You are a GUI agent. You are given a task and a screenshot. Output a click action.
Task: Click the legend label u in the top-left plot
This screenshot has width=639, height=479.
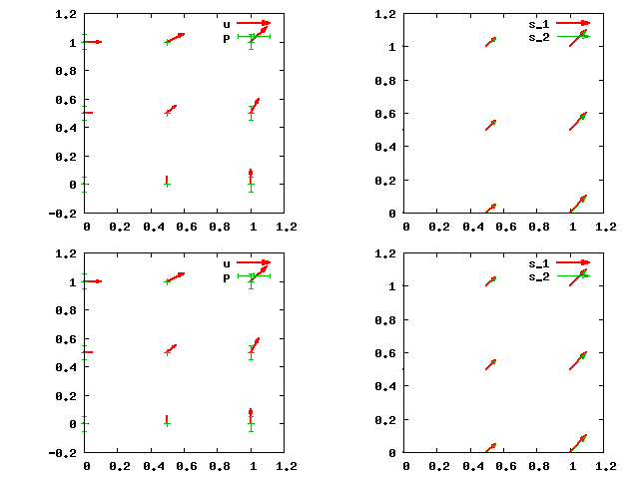pos(227,23)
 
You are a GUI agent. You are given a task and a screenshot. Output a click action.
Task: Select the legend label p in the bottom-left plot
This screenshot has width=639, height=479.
pos(227,276)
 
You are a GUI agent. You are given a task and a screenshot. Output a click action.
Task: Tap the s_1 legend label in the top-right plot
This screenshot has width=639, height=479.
pos(538,23)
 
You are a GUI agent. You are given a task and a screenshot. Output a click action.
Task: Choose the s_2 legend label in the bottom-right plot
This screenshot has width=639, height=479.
pos(538,276)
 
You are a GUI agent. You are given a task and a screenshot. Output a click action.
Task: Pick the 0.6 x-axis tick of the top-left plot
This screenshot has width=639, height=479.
pos(187,227)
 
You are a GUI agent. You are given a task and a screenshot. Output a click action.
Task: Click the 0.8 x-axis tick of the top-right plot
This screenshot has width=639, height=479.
pos(538,227)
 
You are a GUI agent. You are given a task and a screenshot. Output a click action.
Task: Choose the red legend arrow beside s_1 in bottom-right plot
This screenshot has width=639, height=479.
pos(574,262)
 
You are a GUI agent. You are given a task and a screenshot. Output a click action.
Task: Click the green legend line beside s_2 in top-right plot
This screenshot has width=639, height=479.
pos(574,36)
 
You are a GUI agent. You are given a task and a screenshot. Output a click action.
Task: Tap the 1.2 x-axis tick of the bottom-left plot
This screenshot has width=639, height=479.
pos(287,466)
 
